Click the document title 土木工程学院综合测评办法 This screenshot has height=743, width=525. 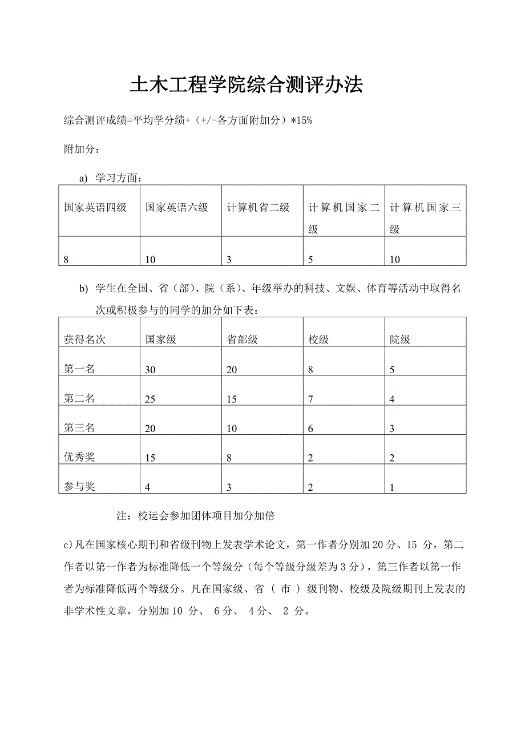247,86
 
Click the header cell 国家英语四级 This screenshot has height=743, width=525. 95,208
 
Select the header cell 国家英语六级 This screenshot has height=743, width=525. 176,208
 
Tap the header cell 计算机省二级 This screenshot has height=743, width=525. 258,208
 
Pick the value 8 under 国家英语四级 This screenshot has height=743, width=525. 67,260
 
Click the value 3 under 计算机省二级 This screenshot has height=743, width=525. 229,260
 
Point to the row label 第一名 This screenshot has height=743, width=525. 79,369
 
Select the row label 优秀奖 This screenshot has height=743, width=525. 79,457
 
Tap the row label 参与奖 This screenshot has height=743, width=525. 79,487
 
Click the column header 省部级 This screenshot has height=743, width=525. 242,340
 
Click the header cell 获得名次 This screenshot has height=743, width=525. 84,340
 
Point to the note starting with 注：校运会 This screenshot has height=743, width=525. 196,516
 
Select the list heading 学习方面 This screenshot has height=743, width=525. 118,178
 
